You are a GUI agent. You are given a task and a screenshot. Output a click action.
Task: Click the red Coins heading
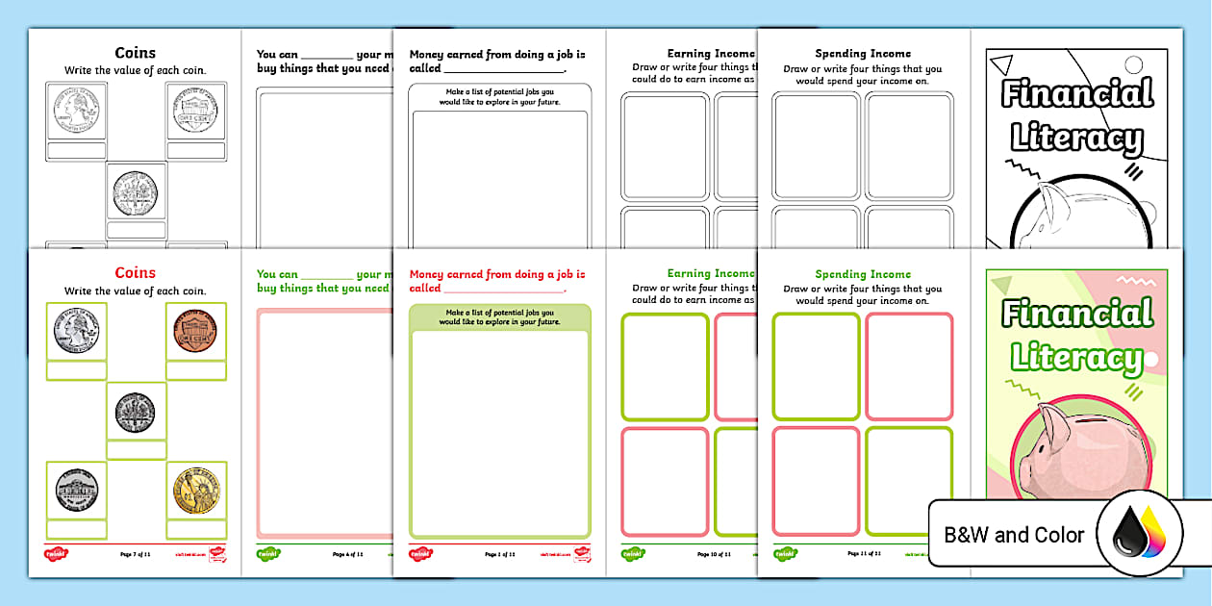[x=135, y=273]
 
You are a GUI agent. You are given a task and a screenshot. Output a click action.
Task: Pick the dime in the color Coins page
[x=136, y=412]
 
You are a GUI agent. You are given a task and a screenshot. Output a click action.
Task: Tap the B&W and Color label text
[x=1014, y=535]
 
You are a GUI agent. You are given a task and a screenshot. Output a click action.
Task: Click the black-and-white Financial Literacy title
[x=1076, y=116]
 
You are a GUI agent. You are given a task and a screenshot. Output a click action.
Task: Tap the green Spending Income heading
[x=862, y=274]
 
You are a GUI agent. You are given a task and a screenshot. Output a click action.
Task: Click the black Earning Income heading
[x=710, y=54]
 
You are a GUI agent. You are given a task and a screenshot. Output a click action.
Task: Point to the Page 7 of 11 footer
[x=135, y=554]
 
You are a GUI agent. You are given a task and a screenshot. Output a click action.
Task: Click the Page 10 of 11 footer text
[x=710, y=554]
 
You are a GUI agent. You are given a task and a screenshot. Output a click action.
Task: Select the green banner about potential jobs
[x=499, y=316]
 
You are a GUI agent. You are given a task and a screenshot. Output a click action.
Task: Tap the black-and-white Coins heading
[x=135, y=54]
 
